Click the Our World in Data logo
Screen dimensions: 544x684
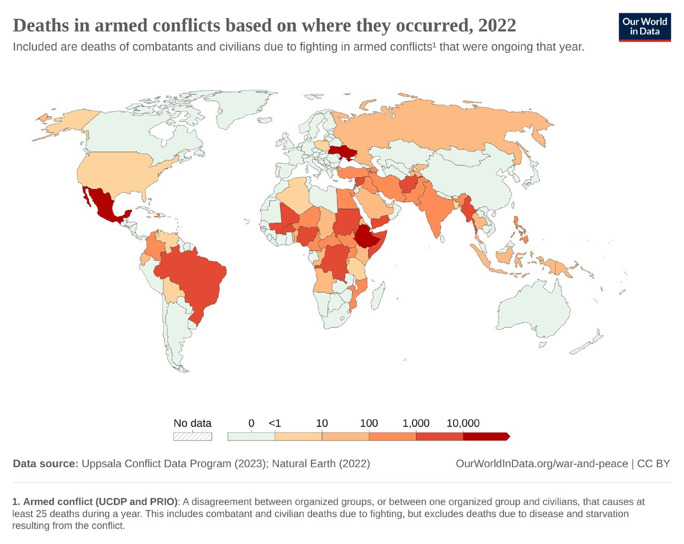click(x=644, y=27)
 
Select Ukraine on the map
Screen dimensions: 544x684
click(x=343, y=153)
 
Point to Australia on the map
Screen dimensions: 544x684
click(x=534, y=310)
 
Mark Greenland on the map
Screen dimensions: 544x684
click(x=235, y=109)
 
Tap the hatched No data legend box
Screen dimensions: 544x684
click(x=192, y=436)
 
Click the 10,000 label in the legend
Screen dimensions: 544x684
click(x=463, y=423)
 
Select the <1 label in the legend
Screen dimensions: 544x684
click(x=275, y=423)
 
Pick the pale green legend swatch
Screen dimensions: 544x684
click(x=251, y=436)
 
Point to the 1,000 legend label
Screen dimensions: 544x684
click(x=416, y=423)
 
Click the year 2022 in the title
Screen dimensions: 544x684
click(x=497, y=26)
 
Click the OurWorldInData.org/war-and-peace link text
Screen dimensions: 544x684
click(x=541, y=463)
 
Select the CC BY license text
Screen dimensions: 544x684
click(x=654, y=463)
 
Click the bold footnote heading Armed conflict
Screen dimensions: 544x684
click(x=100, y=502)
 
